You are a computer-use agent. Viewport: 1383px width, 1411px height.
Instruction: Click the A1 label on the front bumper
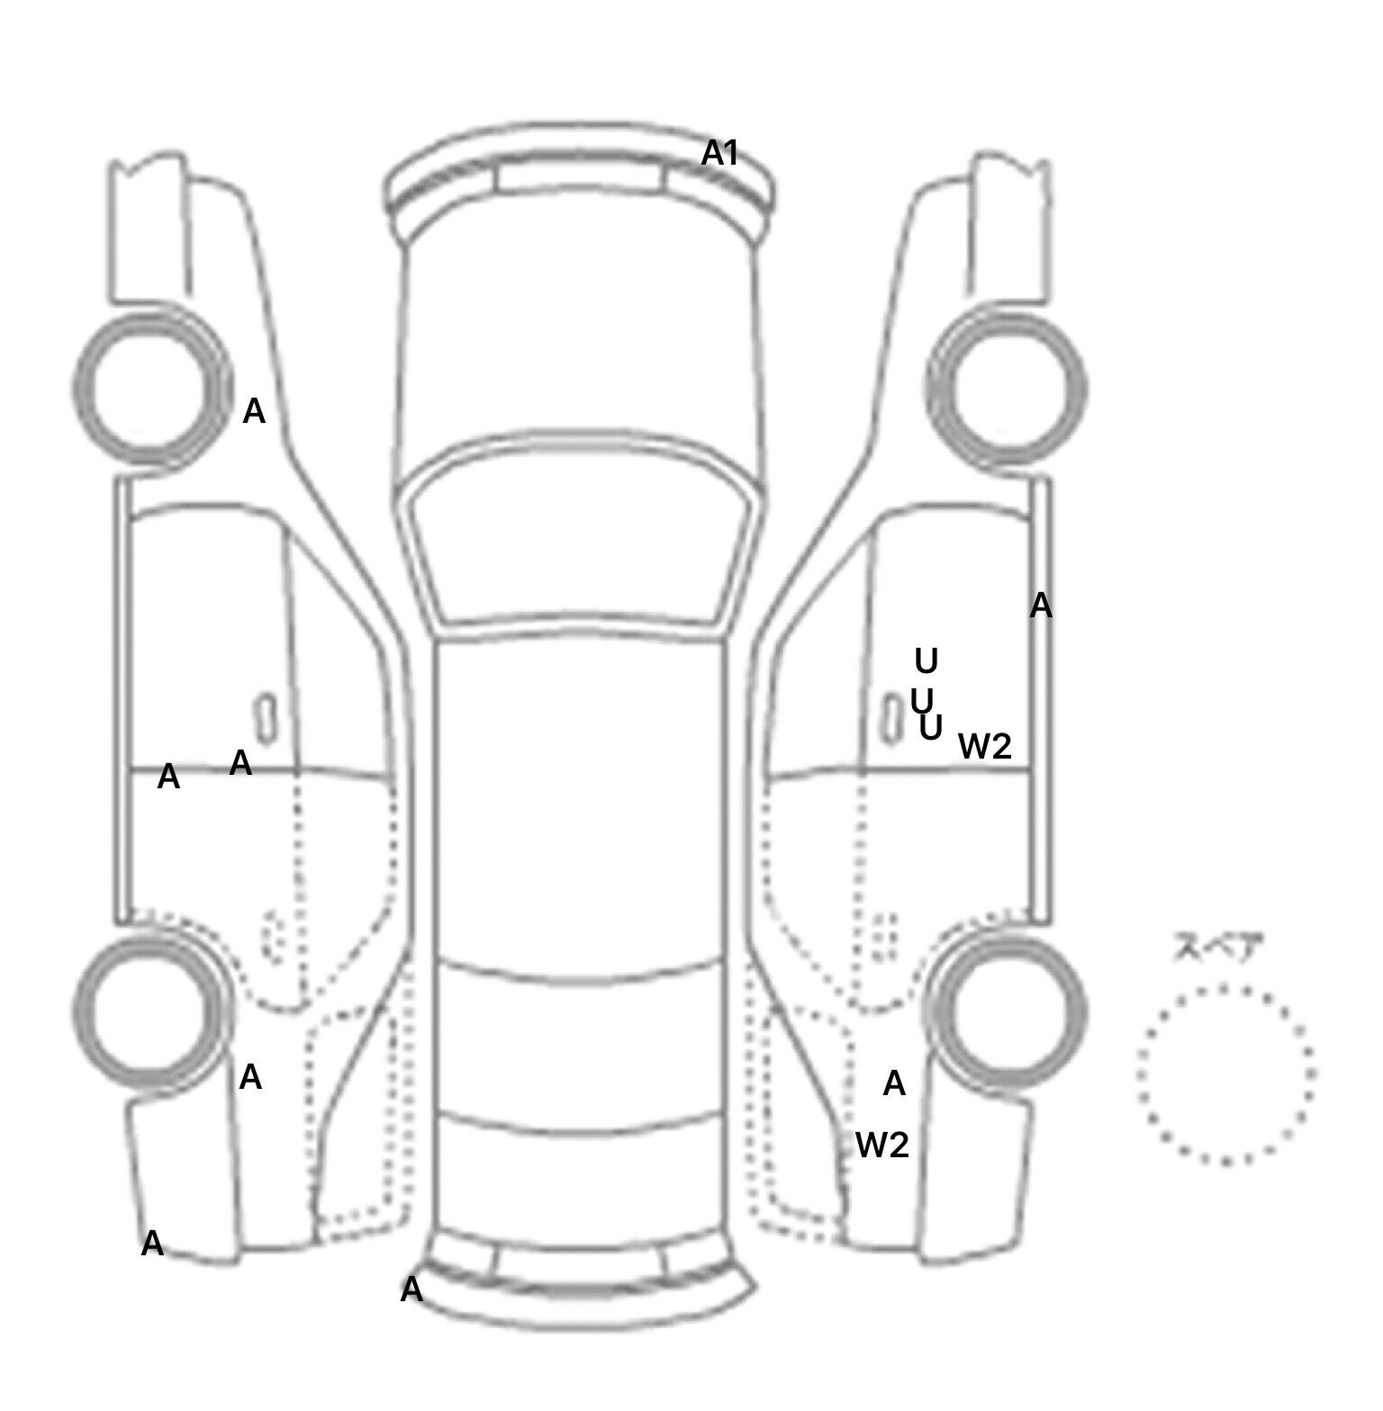(x=719, y=153)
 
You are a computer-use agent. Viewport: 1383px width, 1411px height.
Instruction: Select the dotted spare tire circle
(x=1225, y=1074)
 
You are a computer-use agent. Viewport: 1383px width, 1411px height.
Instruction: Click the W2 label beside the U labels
(x=985, y=746)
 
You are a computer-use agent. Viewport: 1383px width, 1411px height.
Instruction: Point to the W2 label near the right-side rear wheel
(x=881, y=1145)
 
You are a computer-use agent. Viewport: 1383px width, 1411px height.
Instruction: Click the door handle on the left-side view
(x=267, y=718)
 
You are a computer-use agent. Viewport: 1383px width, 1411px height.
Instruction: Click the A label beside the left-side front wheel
(x=255, y=412)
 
